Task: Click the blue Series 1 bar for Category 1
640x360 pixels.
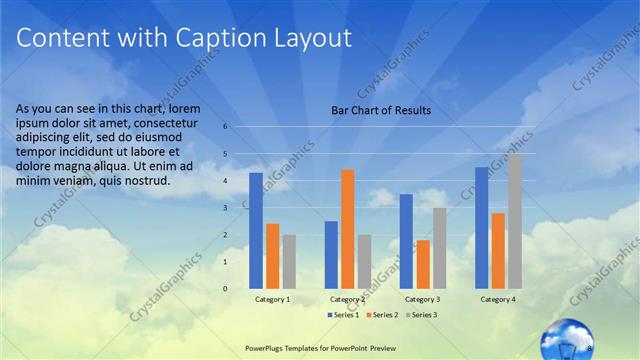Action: click(256, 230)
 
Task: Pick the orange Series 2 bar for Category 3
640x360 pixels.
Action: click(423, 263)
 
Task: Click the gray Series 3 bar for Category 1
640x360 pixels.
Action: click(289, 261)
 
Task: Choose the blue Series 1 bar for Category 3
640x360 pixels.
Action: click(406, 240)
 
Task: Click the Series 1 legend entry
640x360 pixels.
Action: click(343, 315)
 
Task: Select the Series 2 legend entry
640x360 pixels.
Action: click(383, 315)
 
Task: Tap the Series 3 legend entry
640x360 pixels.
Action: click(423, 315)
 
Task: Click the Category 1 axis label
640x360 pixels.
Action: click(273, 299)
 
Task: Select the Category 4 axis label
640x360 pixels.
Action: click(498, 299)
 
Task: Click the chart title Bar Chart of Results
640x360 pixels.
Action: click(381, 110)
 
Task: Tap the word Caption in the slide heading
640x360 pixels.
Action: click(218, 39)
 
